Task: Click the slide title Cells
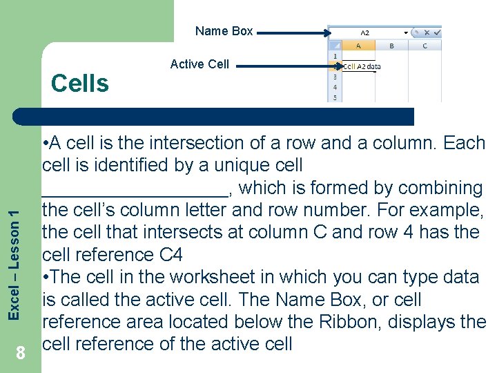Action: [80, 84]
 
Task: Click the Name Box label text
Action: [224, 30]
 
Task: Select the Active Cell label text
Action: [199, 64]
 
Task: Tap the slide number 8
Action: [21, 354]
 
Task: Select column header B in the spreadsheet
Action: [391, 46]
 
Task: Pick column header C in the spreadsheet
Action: [425, 46]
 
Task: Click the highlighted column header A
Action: [358, 46]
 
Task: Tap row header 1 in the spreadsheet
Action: [335, 56]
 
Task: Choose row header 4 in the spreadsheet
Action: [335, 88]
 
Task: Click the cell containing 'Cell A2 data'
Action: [360, 67]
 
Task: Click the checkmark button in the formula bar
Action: [437, 32]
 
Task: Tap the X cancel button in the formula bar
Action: [427, 32]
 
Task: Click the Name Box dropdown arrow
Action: [405, 32]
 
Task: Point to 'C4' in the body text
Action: [170, 255]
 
